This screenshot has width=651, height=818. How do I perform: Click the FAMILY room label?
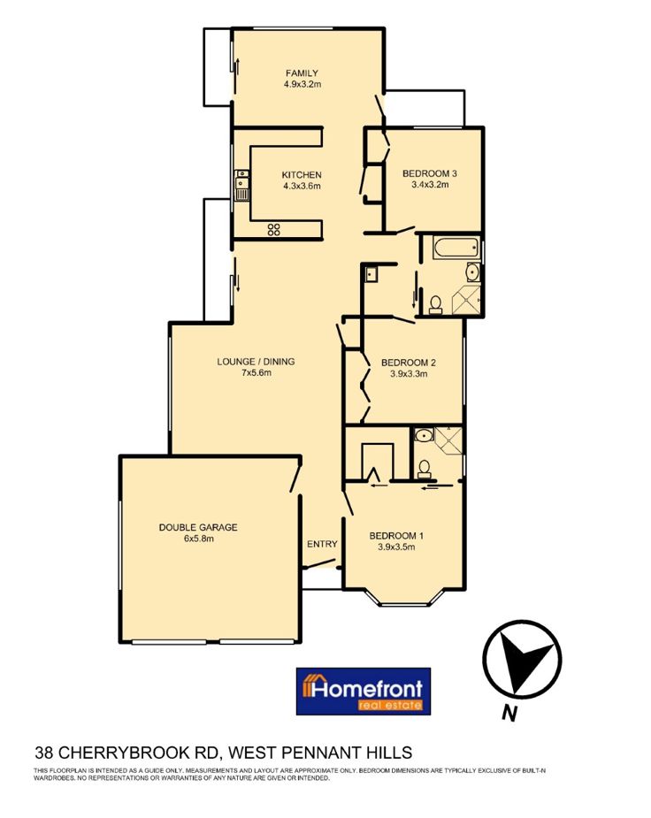302,73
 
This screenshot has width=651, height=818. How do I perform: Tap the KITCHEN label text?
302,175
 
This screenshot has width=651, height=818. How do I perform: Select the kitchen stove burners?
274,229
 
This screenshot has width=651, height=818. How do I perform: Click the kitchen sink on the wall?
242,185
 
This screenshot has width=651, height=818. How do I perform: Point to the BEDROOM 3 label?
430,173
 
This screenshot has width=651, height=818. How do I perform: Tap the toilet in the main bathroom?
435,305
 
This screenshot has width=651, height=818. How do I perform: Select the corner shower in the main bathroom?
465,300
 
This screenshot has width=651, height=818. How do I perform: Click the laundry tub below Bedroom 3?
371,274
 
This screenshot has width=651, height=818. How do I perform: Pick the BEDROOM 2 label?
409,363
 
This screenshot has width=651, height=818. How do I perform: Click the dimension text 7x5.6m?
257,372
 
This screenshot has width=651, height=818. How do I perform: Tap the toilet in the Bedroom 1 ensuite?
424,469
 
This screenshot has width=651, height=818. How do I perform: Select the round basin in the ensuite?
424,434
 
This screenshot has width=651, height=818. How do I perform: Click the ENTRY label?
322,544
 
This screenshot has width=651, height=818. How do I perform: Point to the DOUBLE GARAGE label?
198,527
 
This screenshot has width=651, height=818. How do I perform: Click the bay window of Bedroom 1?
405,598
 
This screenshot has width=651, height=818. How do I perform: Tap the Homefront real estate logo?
363,692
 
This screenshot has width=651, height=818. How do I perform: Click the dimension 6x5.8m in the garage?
198,539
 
